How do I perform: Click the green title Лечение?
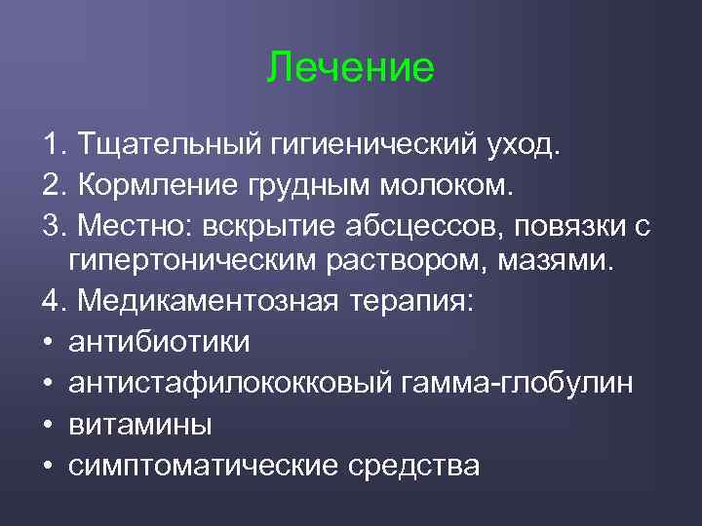coord(350,67)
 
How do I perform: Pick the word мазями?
coord(558,263)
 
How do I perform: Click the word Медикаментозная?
coord(208,302)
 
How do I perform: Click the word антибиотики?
coord(160,342)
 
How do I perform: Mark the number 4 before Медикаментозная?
coord(51,302)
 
